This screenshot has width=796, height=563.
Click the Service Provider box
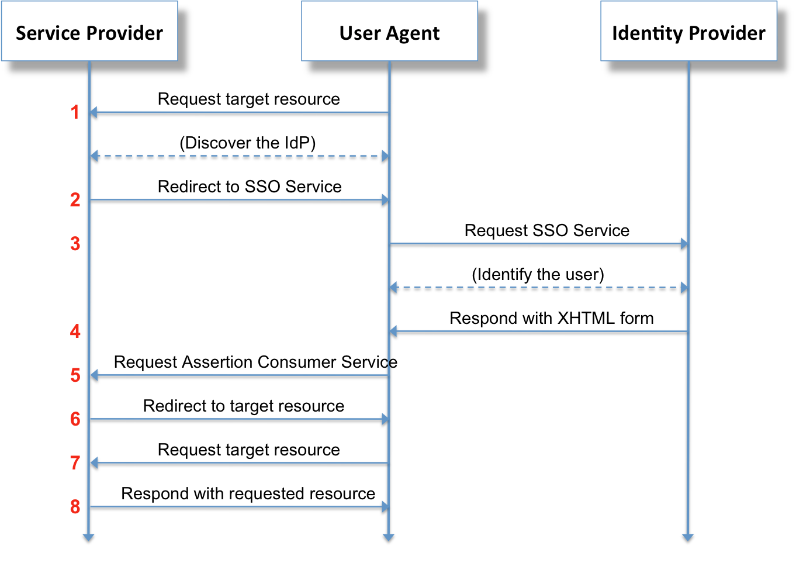(x=89, y=32)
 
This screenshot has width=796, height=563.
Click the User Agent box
(x=389, y=32)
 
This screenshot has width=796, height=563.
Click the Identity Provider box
(x=688, y=32)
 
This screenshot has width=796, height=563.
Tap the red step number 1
(x=75, y=112)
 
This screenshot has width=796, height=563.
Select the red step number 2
(x=75, y=200)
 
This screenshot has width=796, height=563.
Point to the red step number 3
(x=75, y=244)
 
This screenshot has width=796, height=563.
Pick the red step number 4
(x=75, y=331)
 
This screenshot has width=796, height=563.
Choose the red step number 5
(x=75, y=375)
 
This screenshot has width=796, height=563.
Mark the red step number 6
(x=75, y=419)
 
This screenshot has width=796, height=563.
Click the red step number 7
(x=75, y=463)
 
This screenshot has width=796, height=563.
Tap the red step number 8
(x=75, y=507)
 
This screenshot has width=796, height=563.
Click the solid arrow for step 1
(x=240, y=112)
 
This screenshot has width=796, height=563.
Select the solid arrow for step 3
(x=538, y=244)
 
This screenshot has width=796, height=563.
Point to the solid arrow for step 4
(x=538, y=331)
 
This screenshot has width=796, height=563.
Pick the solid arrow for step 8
(x=240, y=507)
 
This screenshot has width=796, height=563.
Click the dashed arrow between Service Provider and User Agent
(x=240, y=156)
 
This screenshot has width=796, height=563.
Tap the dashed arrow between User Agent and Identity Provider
(x=538, y=288)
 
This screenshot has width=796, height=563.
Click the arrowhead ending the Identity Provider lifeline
(x=688, y=537)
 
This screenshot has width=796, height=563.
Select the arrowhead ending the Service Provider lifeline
(x=88, y=537)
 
